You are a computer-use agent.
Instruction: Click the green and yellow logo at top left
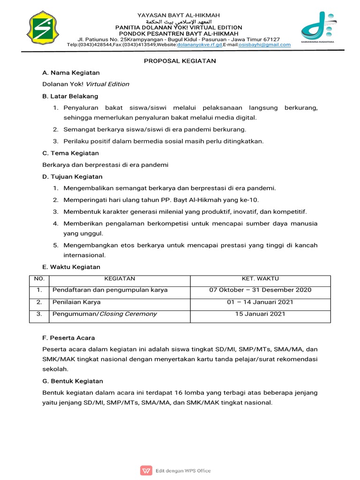(x=43, y=29)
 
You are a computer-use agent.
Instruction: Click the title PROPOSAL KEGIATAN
(x=180, y=61)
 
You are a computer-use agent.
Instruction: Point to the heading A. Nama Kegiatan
(x=71, y=73)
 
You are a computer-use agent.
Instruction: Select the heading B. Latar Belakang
(x=70, y=96)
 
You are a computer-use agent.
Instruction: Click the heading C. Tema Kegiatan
(x=70, y=153)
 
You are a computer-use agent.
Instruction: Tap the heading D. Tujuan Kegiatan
(x=72, y=177)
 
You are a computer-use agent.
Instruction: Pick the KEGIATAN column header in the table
(x=120, y=279)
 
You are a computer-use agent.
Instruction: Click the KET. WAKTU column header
(x=260, y=279)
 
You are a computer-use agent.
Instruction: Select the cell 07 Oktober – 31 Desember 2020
(x=260, y=290)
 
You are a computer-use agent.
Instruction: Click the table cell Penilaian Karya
(x=76, y=302)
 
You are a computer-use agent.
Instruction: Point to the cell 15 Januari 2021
(x=260, y=314)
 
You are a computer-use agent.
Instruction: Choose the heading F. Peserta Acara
(x=68, y=337)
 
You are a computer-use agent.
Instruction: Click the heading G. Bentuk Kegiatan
(x=73, y=381)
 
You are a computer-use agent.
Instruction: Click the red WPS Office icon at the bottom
(x=146, y=471)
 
